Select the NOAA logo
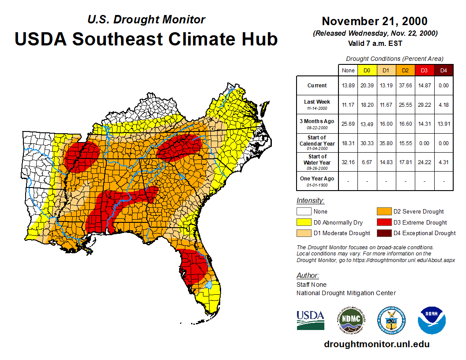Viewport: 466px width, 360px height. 432,320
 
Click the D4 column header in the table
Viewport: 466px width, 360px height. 443,71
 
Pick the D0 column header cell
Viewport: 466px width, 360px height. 367,71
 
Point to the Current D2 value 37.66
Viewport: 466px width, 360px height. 405,86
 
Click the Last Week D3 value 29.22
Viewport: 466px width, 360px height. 425,105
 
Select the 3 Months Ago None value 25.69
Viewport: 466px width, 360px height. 348,124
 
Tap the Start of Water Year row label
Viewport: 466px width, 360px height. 317,162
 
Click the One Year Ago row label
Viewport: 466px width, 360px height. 317,181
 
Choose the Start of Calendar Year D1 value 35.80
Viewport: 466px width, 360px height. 386,143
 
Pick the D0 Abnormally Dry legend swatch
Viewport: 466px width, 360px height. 304,222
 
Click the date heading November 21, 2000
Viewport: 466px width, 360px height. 375,21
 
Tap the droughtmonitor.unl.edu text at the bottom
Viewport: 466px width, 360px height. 376,344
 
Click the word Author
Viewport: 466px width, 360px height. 307,276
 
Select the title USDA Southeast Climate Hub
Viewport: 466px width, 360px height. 146,39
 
